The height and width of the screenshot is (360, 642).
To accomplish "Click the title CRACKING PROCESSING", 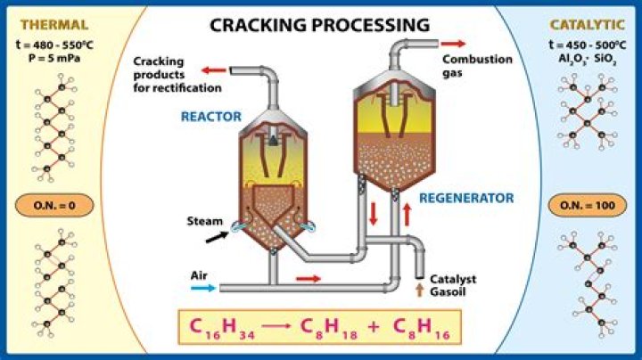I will click(x=319, y=24).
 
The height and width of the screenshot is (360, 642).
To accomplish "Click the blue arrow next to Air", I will click(x=202, y=289).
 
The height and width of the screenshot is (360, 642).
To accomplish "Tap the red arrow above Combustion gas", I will click(x=453, y=44).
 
